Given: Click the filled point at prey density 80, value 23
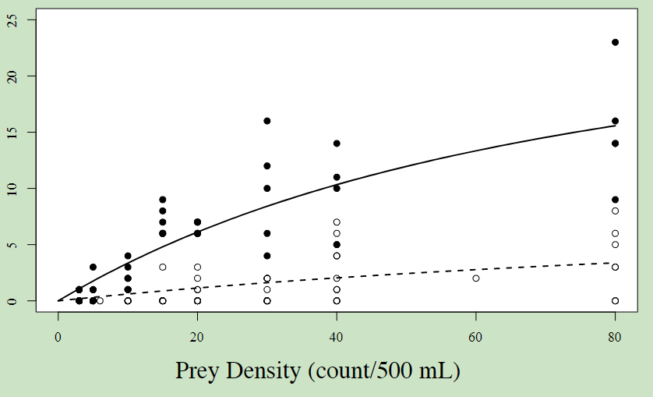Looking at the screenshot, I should [x=615, y=42].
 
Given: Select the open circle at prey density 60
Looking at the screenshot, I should [x=476, y=278].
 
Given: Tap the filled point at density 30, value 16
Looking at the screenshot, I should [x=266, y=121].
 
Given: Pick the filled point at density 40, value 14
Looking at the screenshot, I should [x=337, y=144].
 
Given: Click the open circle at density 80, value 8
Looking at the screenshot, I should [x=615, y=211].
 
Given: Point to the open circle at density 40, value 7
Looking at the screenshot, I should [x=337, y=222].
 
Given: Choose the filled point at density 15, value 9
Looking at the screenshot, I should [x=163, y=200].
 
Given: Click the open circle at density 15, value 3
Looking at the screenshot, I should [x=163, y=267].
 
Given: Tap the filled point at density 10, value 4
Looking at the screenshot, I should [x=128, y=256].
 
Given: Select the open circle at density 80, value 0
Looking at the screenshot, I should [x=615, y=300].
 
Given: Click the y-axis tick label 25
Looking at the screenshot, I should [x=12, y=19].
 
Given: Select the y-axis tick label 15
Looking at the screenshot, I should [x=12, y=132].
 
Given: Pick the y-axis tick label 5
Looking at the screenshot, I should [x=12, y=244].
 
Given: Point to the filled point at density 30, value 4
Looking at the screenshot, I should [x=266, y=256].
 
